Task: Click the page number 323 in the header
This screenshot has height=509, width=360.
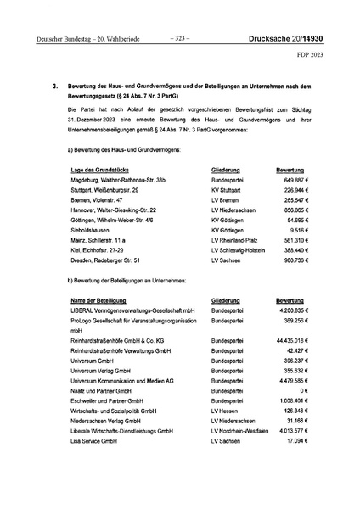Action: (180, 37)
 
